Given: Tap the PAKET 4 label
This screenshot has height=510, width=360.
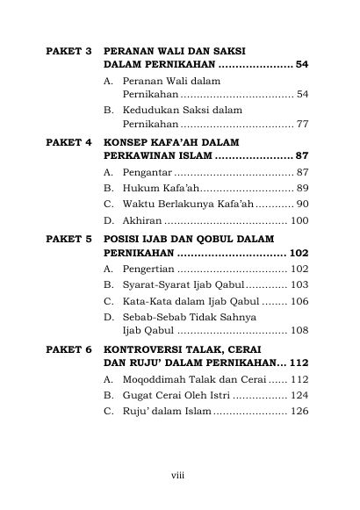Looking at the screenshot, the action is point(68,140).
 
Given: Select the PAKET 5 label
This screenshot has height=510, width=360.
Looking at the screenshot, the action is point(68,238).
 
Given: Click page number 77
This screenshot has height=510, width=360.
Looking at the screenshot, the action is point(303,124).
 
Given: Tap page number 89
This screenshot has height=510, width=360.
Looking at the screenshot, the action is point(303,188).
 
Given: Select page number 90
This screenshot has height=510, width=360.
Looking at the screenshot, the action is point(303,204).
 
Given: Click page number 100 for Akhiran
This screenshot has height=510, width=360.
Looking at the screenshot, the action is point(299,220).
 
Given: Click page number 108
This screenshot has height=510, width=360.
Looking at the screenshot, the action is point(299,332).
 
